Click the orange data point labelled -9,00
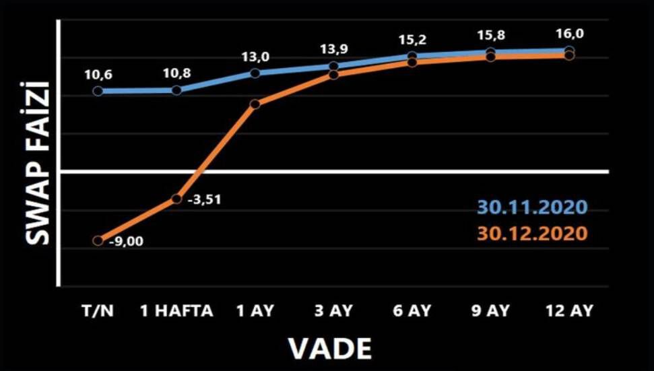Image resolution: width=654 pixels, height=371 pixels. (98, 240)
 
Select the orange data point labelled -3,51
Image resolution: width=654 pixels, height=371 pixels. (176, 199)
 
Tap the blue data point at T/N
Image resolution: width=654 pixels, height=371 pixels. (98, 91)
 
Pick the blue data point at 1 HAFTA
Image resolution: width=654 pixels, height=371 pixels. (176, 90)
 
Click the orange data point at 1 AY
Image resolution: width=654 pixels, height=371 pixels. (255, 104)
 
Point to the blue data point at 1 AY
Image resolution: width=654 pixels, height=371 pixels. (255, 73)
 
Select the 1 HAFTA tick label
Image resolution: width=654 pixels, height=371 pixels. (176, 311)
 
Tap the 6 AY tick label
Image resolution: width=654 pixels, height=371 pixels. (412, 311)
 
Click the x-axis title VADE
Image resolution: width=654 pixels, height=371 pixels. (330, 348)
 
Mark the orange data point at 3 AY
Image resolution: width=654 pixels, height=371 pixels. (334, 74)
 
